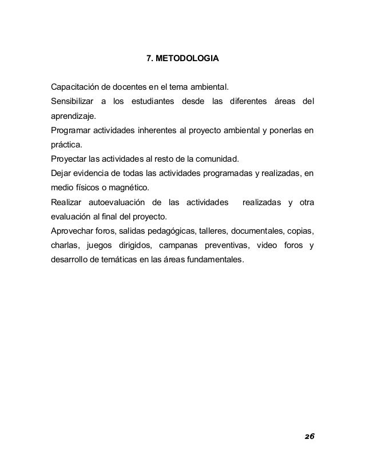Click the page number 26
[309, 436]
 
